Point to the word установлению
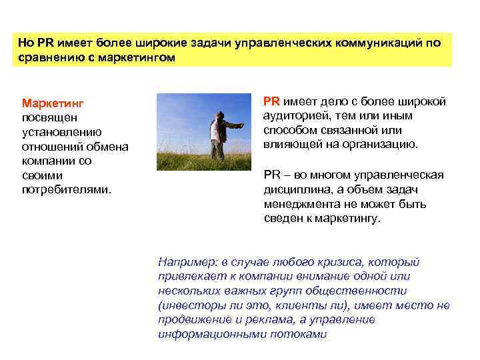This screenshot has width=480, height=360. [61, 132]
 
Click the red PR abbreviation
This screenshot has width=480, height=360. [271, 101]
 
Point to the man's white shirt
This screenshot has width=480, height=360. [213, 131]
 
